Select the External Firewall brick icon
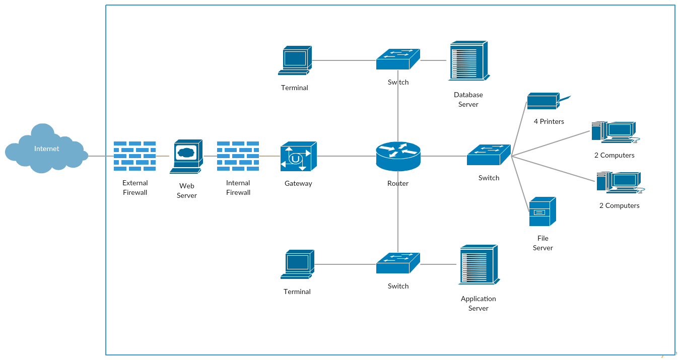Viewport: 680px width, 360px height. tap(134, 156)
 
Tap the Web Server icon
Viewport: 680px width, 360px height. tap(186, 156)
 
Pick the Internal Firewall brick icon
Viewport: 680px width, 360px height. tap(238, 156)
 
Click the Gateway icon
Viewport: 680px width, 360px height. tap(298, 156)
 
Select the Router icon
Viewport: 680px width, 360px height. tap(398, 156)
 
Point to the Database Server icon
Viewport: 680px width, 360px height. tap(468, 60)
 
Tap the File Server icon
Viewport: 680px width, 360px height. tap(542, 211)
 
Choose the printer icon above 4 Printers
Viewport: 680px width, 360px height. tap(544, 101)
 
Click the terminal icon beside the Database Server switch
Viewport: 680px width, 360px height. tap(295, 60)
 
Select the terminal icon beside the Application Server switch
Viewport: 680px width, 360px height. tap(297, 264)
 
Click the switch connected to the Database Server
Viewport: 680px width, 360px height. tap(398, 59)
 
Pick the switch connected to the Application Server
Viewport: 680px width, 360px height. tap(398, 263)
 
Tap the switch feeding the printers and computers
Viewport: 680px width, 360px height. tap(489, 155)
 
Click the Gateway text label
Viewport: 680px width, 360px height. tap(298, 183)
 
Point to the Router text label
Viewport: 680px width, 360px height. tap(398, 183)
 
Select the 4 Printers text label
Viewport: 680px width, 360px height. tap(549, 121)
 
